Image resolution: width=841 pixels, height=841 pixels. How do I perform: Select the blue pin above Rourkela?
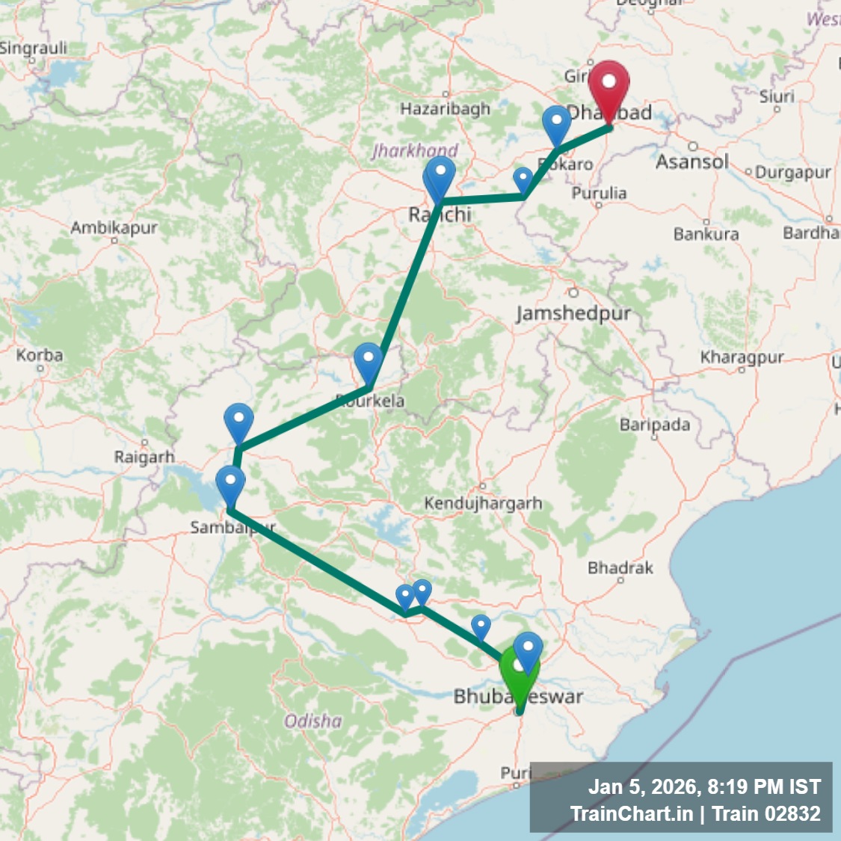[x=368, y=362]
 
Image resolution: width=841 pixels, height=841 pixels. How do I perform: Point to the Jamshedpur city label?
[x=573, y=312]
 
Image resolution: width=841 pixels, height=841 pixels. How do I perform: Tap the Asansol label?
[x=691, y=161]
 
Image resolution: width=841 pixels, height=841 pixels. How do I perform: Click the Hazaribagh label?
[x=445, y=109]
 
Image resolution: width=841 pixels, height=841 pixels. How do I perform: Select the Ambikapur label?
[x=114, y=227]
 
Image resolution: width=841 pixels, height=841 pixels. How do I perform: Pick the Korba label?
[x=40, y=355]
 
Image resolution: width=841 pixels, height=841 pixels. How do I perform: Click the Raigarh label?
[x=144, y=457]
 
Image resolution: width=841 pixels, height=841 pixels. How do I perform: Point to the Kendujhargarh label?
[x=483, y=503]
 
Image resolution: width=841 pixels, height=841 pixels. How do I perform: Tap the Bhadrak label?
[x=620, y=568]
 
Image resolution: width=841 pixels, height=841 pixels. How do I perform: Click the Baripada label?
[x=655, y=425]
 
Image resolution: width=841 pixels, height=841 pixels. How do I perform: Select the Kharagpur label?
[x=742, y=357]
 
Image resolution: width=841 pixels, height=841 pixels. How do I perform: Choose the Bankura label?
[x=706, y=234]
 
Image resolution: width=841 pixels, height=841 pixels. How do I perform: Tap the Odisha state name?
[x=313, y=721]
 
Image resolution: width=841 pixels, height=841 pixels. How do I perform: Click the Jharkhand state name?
[x=415, y=150]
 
